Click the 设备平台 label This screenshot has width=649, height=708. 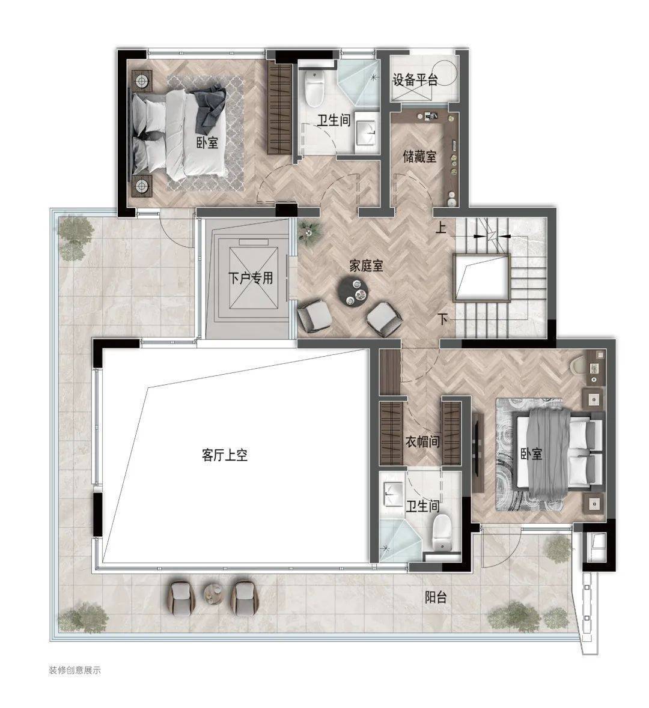415,80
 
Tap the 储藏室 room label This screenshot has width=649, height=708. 419,157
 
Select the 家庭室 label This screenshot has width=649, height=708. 366,265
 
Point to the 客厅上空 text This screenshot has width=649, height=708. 225,455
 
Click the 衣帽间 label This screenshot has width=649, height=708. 422,441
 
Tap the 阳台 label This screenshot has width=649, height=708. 436,598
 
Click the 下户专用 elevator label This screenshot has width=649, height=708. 251,277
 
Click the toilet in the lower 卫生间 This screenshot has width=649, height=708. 442,533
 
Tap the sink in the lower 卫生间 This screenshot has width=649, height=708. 393,494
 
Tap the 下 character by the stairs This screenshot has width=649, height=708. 442,319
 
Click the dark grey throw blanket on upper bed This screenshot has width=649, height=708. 209,107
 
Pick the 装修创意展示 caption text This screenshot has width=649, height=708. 75,670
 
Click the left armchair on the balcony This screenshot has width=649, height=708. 181,598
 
